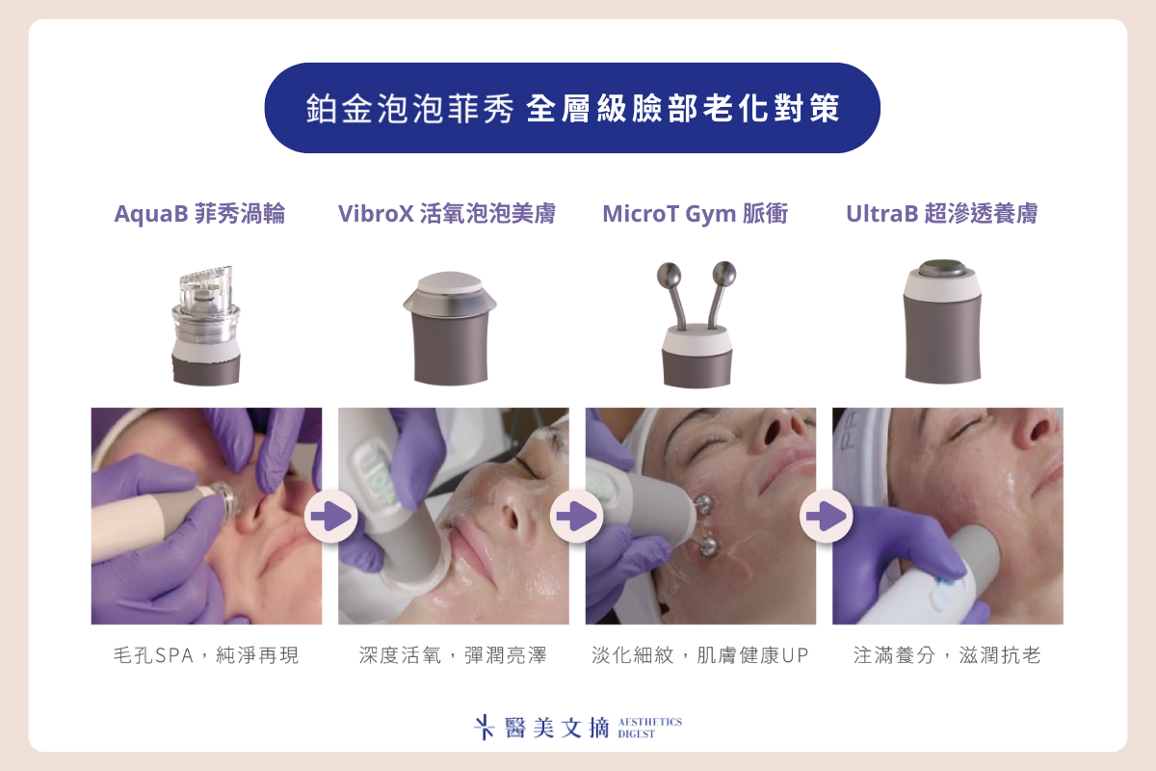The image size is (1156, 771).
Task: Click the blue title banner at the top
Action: pyautogui.click(x=572, y=108)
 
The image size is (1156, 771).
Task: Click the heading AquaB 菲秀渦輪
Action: pyautogui.click(x=199, y=214)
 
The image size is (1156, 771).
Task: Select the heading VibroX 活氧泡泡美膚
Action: pyautogui.click(x=447, y=214)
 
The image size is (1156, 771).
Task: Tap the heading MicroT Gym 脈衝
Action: pyautogui.click(x=696, y=214)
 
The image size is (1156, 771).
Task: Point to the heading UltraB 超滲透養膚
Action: pyautogui.click(x=942, y=214)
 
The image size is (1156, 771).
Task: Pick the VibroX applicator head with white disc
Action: pyautogui.click(x=450, y=328)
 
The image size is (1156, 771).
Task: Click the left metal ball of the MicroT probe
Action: pyautogui.click(x=669, y=275)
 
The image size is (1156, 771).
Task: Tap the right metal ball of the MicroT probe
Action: pyautogui.click(x=724, y=273)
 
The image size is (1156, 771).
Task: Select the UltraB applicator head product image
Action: pyautogui.click(x=942, y=321)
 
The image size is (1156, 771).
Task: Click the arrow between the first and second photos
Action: pyautogui.click(x=330, y=516)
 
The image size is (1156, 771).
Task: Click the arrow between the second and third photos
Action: pyautogui.click(x=576, y=516)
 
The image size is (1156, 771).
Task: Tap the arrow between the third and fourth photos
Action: pyautogui.click(x=827, y=516)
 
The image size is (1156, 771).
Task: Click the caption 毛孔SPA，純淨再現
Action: pyautogui.click(x=206, y=655)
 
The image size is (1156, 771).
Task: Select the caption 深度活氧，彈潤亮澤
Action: pyautogui.click(x=453, y=655)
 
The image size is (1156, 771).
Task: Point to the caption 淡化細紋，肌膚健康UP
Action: pyautogui.click(x=700, y=655)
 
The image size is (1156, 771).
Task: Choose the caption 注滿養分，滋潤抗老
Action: pyautogui.click(x=948, y=655)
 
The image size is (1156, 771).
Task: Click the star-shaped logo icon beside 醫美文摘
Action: pyautogui.click(x=484, y=727)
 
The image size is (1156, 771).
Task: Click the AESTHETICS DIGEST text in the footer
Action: pyautogui.click(x=649, y=728)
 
